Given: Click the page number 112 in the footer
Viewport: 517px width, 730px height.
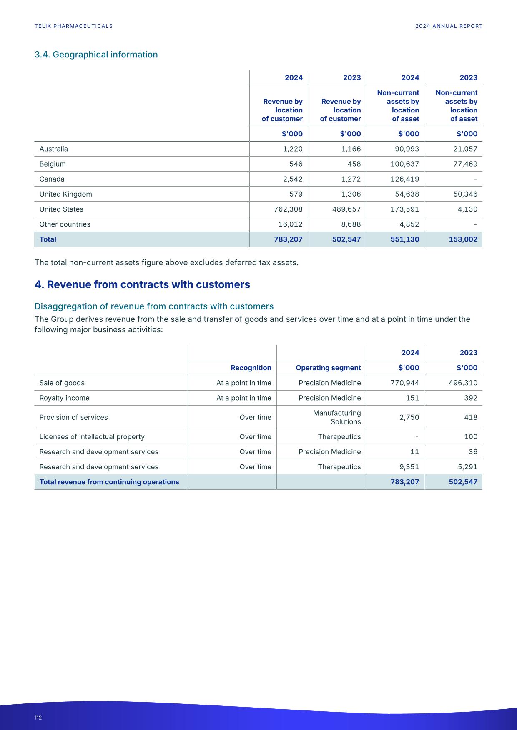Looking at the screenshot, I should click(38, 718).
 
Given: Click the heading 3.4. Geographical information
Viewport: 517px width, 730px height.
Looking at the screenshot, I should click(96, 55).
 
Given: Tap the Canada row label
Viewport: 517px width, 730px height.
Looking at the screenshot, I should click(52, 179).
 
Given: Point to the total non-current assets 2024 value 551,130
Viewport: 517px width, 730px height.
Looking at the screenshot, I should click(404, 239).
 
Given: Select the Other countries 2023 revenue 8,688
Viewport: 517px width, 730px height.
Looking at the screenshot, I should click(350, 224).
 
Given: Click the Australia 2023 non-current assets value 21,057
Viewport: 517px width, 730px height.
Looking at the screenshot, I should click(465, 149).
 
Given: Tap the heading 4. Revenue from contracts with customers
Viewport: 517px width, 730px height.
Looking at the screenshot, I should click(142, 284).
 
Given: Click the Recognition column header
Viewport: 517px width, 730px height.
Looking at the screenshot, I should click(251, 368).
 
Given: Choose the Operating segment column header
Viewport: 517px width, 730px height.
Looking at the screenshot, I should click(328, 368).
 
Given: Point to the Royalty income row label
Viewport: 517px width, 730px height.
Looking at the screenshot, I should click(64, 398).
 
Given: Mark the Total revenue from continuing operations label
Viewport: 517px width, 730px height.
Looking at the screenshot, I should click(109, 482).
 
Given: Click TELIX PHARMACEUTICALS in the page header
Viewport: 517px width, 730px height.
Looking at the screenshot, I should click(73, 26).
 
